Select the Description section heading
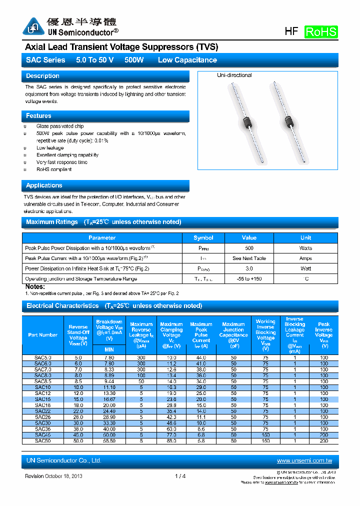coord(42,76)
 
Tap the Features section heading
coord(38,116)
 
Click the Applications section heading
coord(44,185)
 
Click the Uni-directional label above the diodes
coord(234,75)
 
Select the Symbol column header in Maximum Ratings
coord(203,238)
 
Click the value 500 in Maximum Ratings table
coord(249,248)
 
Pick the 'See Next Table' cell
coord(249,258)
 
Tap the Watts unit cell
coord(305,248)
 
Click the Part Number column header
coord(43,335)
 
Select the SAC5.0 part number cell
coord(42,357)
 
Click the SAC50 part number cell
coord(42,441)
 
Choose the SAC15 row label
coord(42,399)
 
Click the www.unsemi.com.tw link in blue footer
coord(304,460)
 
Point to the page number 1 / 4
coord(180,476)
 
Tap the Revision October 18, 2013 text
coord(53,476)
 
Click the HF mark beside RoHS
coord(291,31)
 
